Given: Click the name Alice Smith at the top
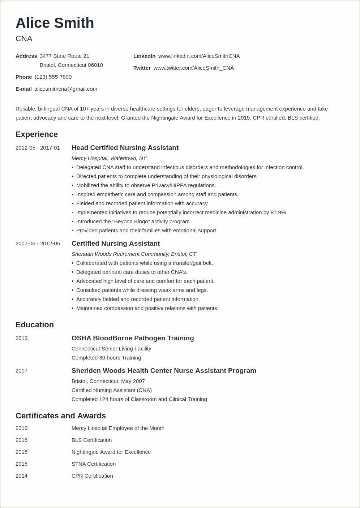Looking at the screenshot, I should pyautogui.click(x=55, y=23).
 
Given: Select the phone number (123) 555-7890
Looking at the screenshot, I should pyautogui.click(x=53, y=77).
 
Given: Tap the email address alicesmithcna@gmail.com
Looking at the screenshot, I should pyautogui.click(x=66, y=89).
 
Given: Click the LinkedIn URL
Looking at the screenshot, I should pyautogui.click(x=199, y=56).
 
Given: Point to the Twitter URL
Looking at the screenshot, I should pyautogui.click(x=193, y=68).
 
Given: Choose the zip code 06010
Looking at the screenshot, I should pyautogui.click(x=95, y=65).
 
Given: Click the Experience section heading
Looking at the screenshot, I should pyautogui.click(x=37, y=134).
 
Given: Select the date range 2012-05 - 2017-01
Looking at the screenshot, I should pyautogui.click(x=38, y=148).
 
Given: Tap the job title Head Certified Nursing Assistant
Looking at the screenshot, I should pyautogui.click(x=125, y=148).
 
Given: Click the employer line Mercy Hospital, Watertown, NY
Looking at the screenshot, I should pyautogui.click(x=109, y=158).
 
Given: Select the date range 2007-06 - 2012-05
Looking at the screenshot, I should pyautogui.click(x=38, y=244).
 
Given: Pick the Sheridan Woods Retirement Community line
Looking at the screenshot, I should pyautogui.click(x=134, y=254).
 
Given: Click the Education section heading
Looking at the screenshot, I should pyautogui.click(x=35, y=325).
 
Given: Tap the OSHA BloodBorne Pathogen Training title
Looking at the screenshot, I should pyautogui.click(x=133, y=338).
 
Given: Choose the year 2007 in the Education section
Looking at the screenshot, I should pyautogui.click(x=21, y=371).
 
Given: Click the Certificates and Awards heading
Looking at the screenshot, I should pyautogui.click(x=61, y=416).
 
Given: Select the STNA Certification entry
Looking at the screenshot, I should pyautogui.click(x=94, y=464).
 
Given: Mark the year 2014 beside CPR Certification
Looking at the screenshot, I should pyautogui.click(x=21, y=476).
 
